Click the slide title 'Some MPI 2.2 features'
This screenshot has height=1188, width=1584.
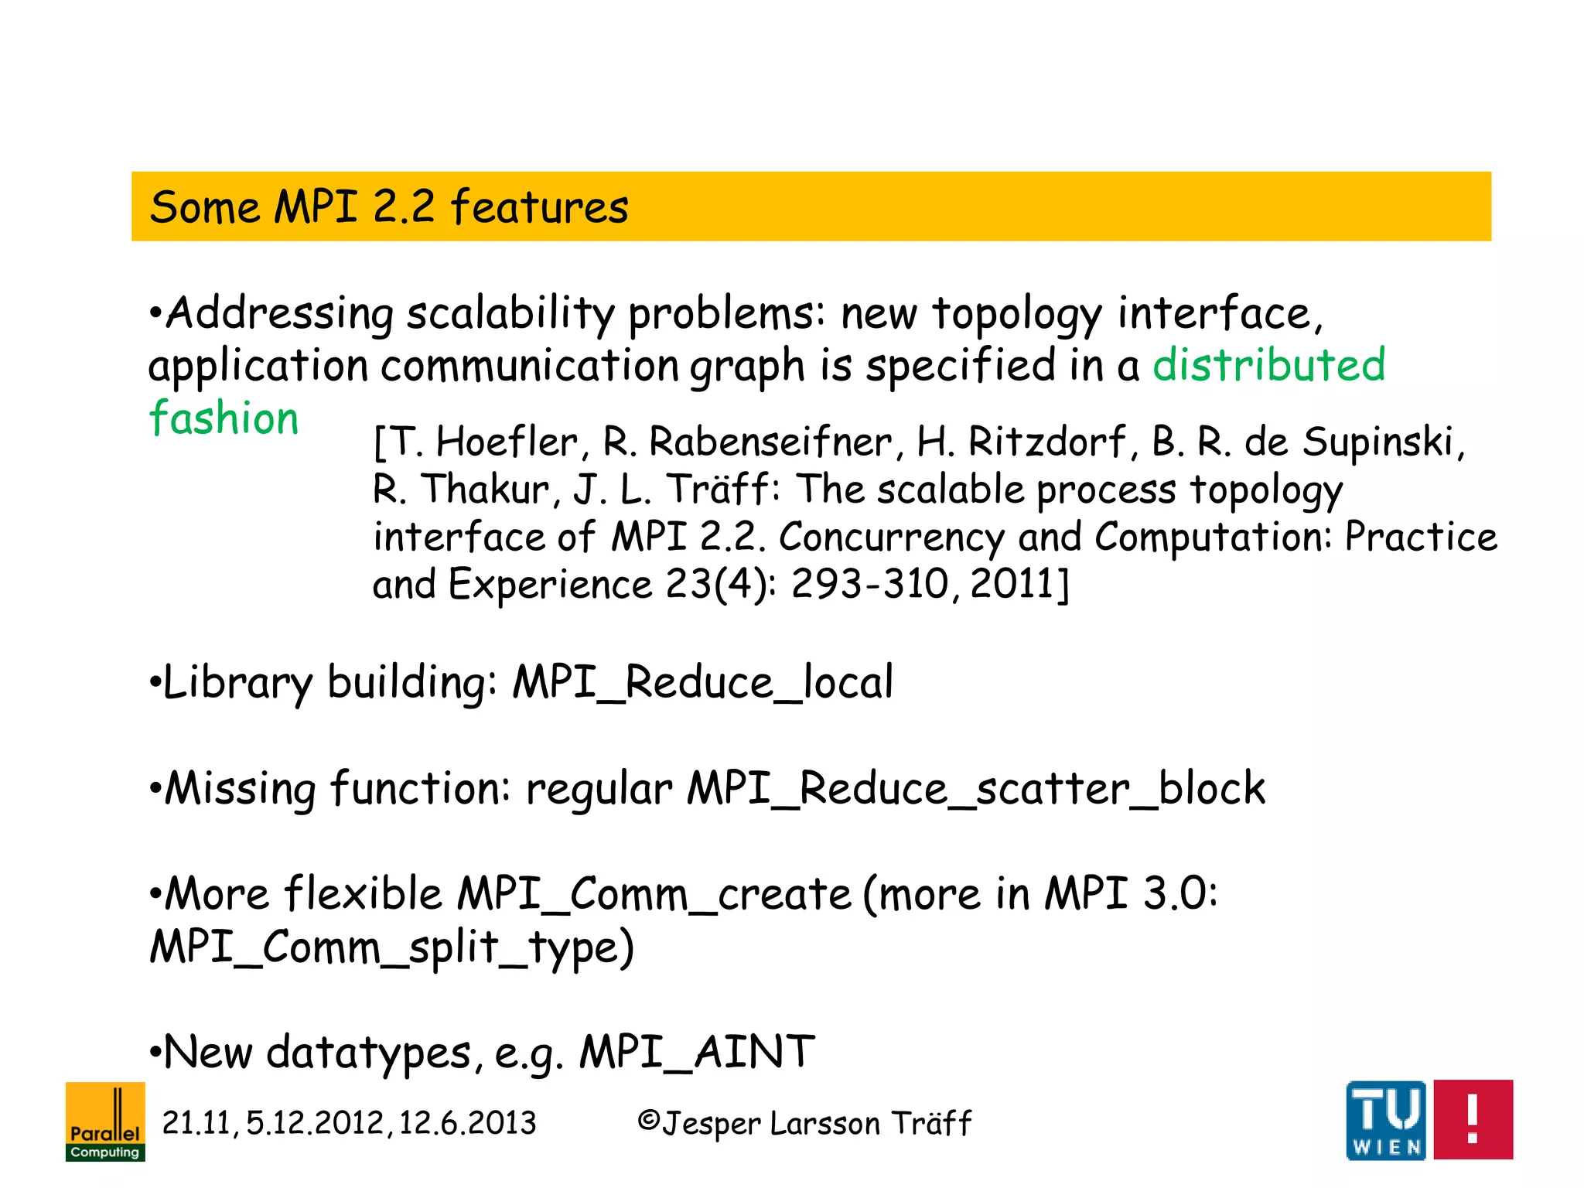pos(388,207)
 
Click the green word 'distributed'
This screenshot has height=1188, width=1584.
pos(1268,365)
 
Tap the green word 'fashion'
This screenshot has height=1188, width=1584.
pos(224,418)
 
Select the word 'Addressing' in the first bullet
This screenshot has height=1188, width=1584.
pos(280,314)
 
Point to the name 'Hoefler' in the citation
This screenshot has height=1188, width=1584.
pos(507,442)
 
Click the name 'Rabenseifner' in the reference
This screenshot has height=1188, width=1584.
pos(770,442)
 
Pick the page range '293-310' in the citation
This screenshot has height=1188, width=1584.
pos(869,584)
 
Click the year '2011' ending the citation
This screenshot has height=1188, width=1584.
pos(1012,584)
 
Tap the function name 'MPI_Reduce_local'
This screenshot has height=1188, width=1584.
pos(702,683)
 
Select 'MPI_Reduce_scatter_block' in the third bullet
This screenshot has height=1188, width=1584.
pos(976,789)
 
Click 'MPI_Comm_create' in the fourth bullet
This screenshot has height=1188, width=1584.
pos(654,895)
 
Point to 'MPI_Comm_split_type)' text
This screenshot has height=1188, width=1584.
pos(391,948)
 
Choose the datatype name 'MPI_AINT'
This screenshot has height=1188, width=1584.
pos(697,1053)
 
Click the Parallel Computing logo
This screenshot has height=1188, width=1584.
pos(105,1121)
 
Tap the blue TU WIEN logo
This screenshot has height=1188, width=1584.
pos(1385,1120)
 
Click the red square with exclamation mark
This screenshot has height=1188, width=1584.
pos(1473,1120)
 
